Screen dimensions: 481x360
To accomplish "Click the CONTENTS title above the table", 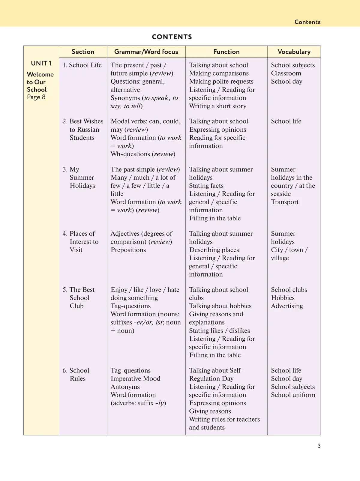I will coord(172,37).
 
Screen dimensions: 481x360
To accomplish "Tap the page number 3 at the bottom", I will coord(319,446).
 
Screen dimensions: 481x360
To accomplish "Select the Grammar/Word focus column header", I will coord(146,52).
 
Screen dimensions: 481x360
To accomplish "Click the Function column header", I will coord(226,52).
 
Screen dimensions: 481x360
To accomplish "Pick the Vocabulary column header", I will coord(294,52).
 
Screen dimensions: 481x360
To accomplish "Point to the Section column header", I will coord(83,52).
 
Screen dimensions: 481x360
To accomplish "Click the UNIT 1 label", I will coord(41,63).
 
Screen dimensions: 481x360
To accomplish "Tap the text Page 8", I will coord(36,97).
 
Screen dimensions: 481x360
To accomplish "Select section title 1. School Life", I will coord(82,65).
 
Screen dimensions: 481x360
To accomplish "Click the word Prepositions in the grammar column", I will coord(128,250).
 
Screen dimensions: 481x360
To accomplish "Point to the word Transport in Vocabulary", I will coord(285,202).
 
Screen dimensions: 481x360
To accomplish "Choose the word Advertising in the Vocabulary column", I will coord(287,306).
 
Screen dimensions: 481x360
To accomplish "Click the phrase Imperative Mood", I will coord(135,378).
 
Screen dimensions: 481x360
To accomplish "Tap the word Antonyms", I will coord(125,387).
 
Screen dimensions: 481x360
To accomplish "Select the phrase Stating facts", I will coord(206,186).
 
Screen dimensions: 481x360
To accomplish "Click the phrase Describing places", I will coord(214,250).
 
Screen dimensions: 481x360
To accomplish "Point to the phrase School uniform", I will coord(293,395).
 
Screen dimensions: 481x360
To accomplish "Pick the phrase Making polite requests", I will coord(221,81).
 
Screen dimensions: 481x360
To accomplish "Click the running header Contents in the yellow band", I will coord(307,22).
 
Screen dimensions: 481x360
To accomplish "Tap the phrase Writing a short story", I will coord(217,106).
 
